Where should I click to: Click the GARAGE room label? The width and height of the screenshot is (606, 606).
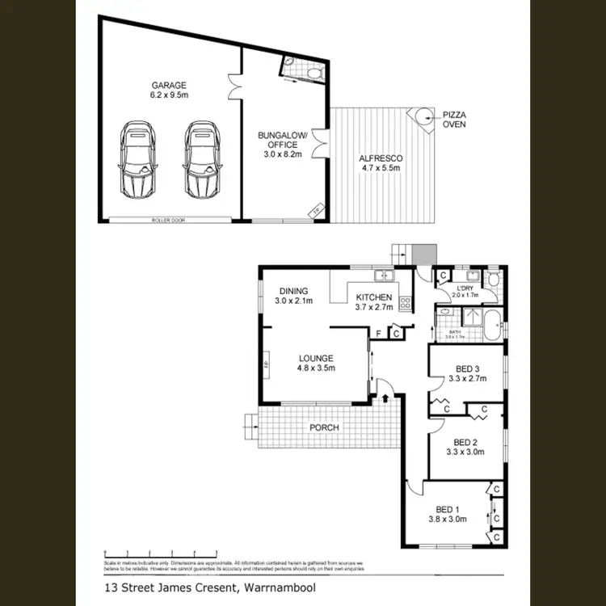169,85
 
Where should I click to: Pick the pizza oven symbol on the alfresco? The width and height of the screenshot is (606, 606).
421,118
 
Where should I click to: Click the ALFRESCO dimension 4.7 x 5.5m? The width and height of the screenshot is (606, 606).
380,168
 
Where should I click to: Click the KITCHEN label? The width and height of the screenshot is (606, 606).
373,297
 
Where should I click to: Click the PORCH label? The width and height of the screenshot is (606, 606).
322,427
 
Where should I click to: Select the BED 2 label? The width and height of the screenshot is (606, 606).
466,442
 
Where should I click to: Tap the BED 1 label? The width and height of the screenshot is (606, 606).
447,509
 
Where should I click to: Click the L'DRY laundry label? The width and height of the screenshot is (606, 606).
465,288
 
